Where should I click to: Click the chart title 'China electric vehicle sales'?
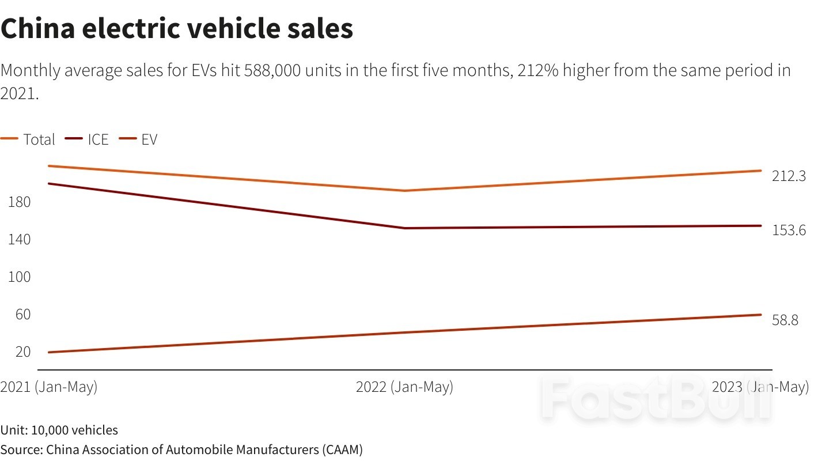176,29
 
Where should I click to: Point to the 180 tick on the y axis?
19,202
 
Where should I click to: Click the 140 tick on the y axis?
19,240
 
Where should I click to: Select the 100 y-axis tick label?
19,277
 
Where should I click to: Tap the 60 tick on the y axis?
22,315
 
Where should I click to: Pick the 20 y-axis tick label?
22,352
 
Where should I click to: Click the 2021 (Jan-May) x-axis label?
49,387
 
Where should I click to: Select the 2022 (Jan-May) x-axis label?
404,387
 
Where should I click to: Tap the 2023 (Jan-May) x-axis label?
760,387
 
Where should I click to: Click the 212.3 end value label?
789,176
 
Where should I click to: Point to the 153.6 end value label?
789,230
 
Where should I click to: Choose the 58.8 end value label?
785,320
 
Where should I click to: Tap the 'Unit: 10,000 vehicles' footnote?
59,430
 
